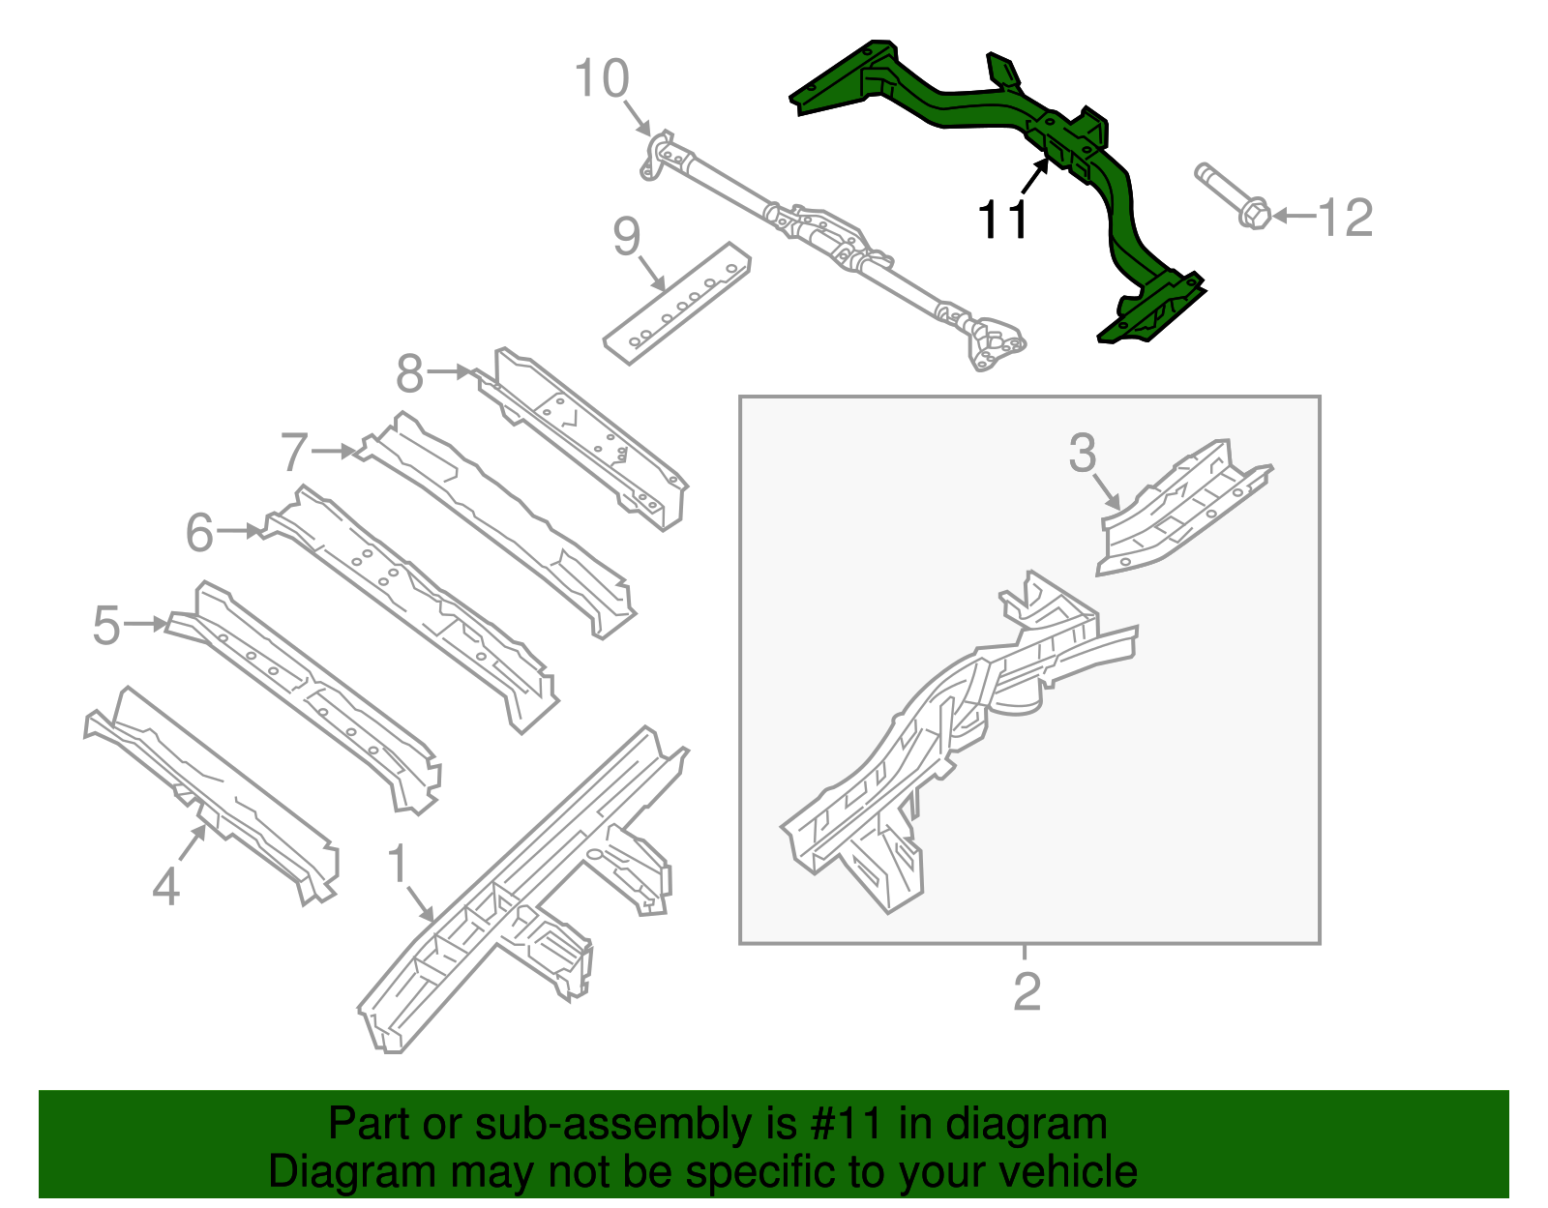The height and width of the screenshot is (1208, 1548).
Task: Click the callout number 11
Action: pos(1003,221)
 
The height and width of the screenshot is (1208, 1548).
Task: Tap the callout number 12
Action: pos(1345,218)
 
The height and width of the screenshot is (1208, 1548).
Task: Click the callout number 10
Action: pos(602,79)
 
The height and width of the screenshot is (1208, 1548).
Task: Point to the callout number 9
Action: pos(627,236)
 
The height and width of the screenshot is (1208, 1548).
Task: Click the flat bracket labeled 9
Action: pos(677,302)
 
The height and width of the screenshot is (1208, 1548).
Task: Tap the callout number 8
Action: pos(410,373)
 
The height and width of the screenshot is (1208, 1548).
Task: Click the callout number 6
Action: pos(199,533)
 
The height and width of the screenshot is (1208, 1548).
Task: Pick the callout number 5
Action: pos(107,626)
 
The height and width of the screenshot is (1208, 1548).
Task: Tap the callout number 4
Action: pos(166,886)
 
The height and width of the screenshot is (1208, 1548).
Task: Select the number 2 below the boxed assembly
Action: pos(1027,991)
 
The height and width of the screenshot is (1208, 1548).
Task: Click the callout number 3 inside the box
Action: pos(1083,453)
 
